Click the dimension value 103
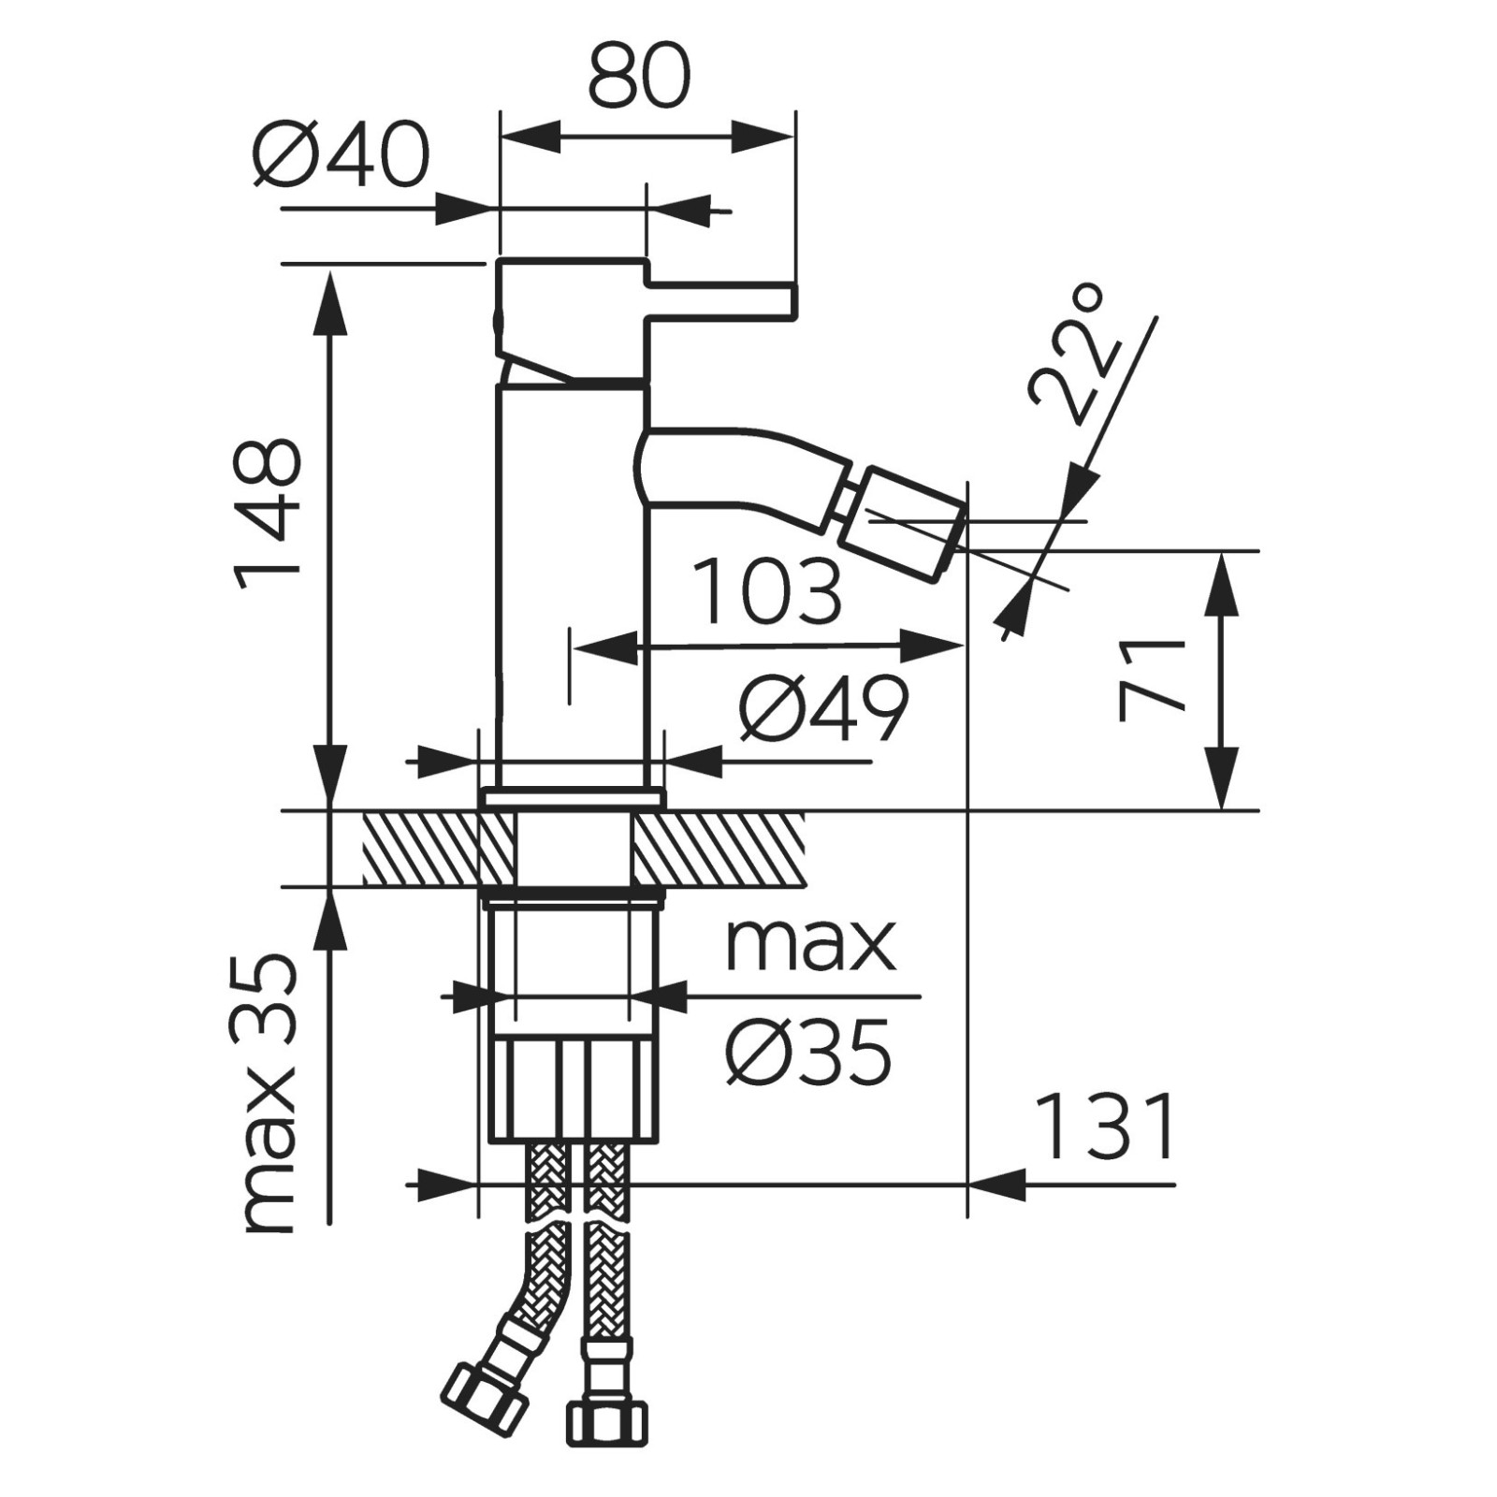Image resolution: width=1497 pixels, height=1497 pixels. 769,591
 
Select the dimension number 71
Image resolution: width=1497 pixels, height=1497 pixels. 1152,680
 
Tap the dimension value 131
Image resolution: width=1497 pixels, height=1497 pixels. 1106,1126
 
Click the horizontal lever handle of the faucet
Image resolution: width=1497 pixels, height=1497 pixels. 720,299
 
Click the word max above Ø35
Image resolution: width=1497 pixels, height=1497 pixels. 810,946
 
